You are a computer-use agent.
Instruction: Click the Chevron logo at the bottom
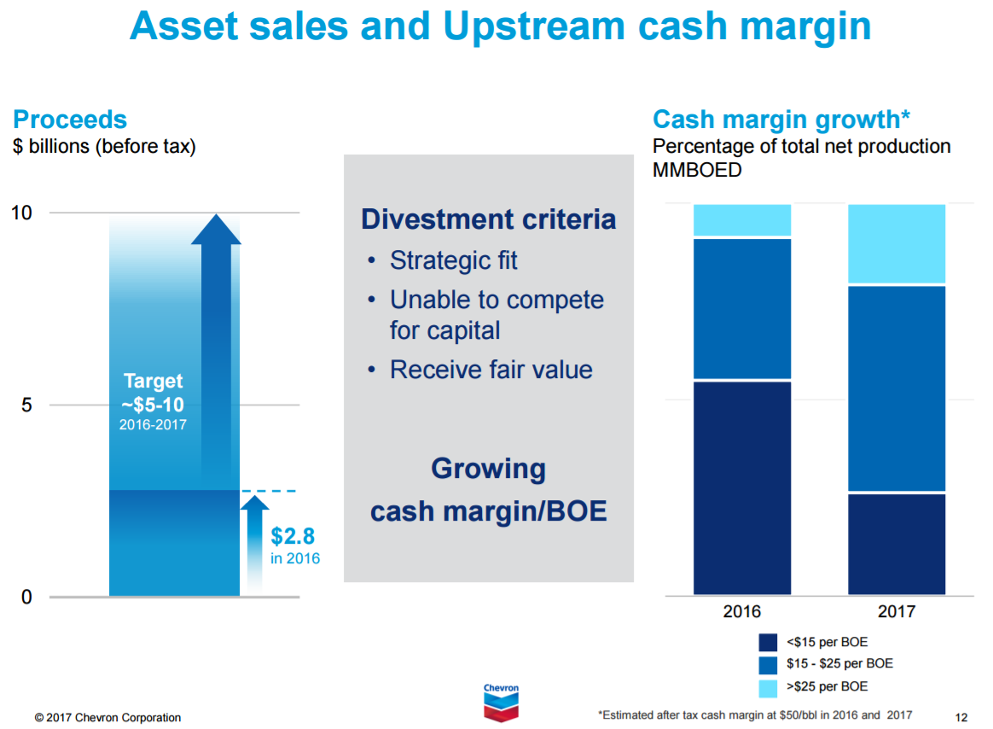point(501,702)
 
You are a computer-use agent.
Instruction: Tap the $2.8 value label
point(293,537)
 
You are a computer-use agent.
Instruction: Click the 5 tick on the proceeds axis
point(26,405)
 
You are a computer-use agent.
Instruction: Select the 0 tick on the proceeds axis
point(26,598)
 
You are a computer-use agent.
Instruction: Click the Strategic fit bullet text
point(453,260)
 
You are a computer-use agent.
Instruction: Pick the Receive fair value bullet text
point(491,370)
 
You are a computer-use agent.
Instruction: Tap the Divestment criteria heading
point(488,219)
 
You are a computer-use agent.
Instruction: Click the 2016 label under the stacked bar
point(741,611)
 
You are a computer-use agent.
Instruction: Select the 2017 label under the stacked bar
point(896,611)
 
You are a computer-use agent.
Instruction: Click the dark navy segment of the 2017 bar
point(897,544)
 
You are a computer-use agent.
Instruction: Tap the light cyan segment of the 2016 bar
point(742,220)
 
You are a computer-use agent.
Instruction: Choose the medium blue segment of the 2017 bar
point(897,388)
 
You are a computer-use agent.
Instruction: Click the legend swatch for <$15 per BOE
point(768,643)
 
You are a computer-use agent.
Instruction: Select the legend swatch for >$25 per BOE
point(768,687)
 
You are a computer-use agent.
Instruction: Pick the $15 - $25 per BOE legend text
point(839,664)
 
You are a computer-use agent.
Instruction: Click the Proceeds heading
point(70,120)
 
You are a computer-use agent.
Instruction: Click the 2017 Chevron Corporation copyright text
point(107,717)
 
